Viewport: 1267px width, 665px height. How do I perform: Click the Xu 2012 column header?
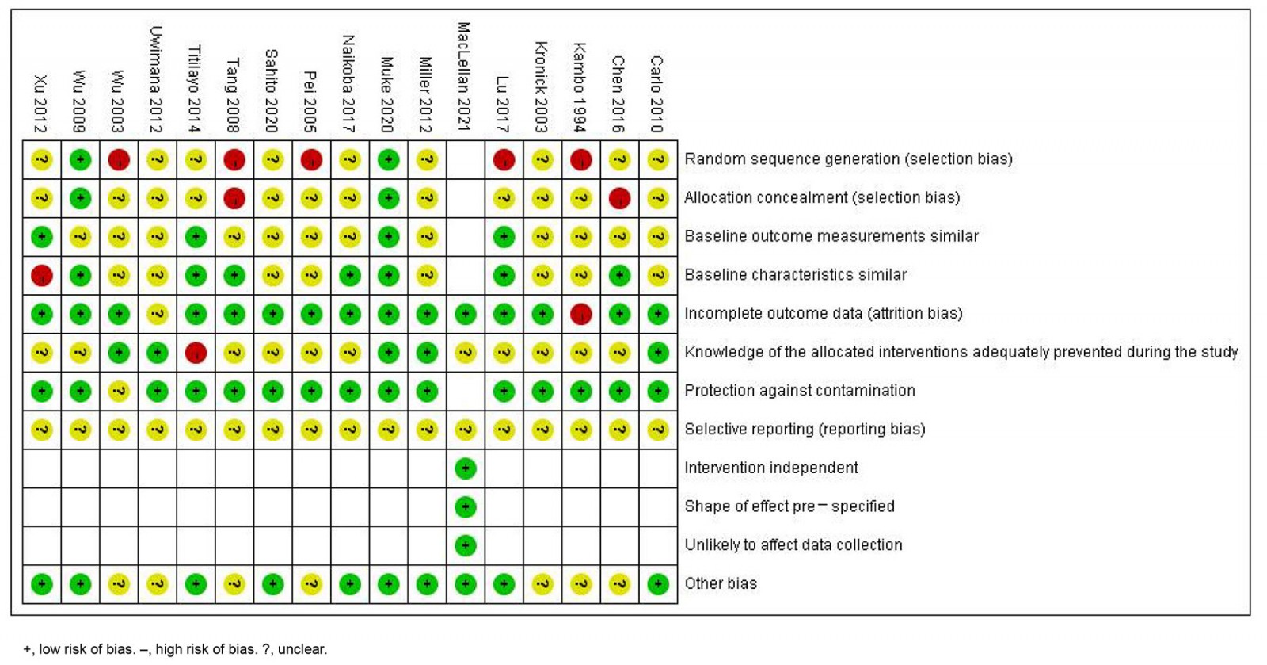click(40, 104)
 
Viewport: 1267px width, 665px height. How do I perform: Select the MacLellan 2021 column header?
click(465, 76)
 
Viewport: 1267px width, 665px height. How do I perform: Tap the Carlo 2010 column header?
click(657, 94)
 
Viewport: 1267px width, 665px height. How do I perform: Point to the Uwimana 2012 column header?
click(157, 79)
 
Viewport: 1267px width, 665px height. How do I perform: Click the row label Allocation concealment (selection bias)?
click(822, 197)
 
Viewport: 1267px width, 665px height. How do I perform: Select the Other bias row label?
click(721, 583)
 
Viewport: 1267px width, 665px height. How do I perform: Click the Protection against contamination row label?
click(800, 390)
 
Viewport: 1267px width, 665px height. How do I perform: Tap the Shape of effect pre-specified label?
click(789, 506)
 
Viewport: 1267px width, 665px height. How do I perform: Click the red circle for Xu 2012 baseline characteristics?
click(42, 275)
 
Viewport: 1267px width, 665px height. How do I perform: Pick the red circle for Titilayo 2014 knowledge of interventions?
click(196, 352)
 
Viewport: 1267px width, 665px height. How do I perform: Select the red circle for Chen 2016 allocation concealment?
click(619, 198)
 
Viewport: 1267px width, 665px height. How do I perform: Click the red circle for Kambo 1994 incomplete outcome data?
click(580, 314)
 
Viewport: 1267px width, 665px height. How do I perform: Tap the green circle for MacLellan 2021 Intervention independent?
click(466, 468)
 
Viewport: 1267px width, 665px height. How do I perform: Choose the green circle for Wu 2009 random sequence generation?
click(80, 159)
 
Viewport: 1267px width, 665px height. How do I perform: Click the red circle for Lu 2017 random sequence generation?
click(504, 159)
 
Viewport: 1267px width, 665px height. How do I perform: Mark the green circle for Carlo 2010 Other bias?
click(658, 584)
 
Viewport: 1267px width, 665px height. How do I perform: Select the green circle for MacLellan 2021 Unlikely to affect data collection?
click(466, 545)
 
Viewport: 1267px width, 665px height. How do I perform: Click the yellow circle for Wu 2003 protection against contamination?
click(119, 391)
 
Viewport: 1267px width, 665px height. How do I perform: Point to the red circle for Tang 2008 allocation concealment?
click(234, 198)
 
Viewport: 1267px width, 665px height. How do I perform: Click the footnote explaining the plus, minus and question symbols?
click(175, 649)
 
